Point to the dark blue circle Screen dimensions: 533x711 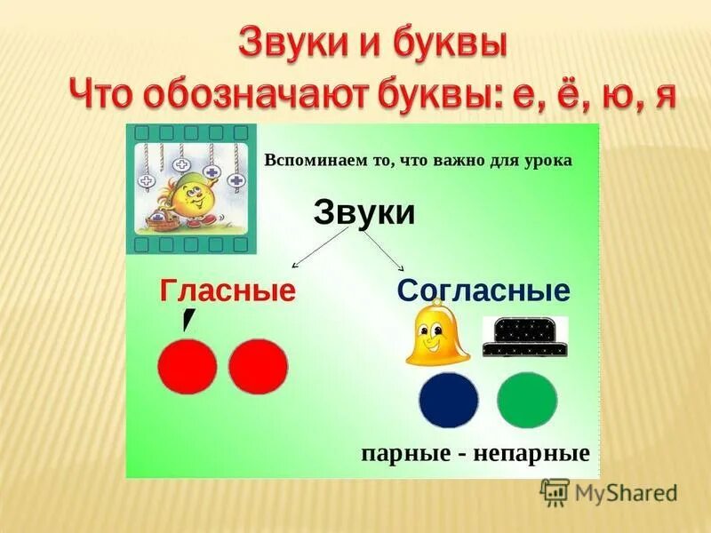point(449,401)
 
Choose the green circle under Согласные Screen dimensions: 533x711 point(527,401)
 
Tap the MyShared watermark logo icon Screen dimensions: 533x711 point(555,492)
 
